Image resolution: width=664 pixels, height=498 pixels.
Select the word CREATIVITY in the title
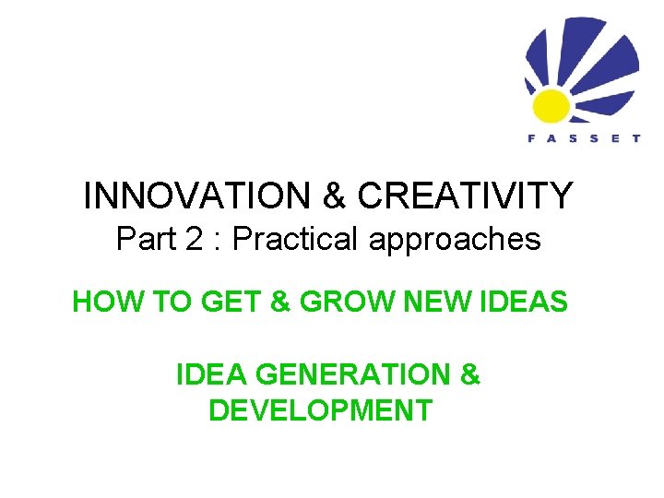465,196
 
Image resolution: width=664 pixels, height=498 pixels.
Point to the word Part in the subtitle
146,240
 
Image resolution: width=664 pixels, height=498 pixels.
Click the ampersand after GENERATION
469,375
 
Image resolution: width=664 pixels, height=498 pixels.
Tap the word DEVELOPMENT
320,409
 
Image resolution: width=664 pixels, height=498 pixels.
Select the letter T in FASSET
636,139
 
